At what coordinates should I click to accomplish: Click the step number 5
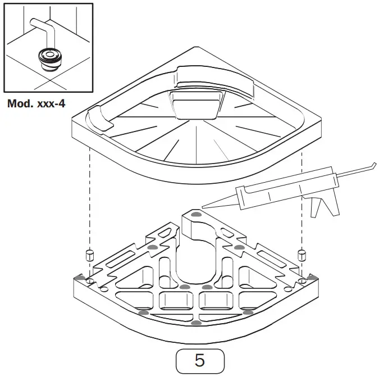[200, 360]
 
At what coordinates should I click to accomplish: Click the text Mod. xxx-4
[36, 103]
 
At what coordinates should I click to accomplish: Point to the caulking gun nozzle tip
[203, 205]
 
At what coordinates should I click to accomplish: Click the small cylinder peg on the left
[88, 253]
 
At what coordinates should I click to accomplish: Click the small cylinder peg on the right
[302, 253]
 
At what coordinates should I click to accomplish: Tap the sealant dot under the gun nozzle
[195, 214]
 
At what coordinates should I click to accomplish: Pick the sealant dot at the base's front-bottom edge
[194, 323]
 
